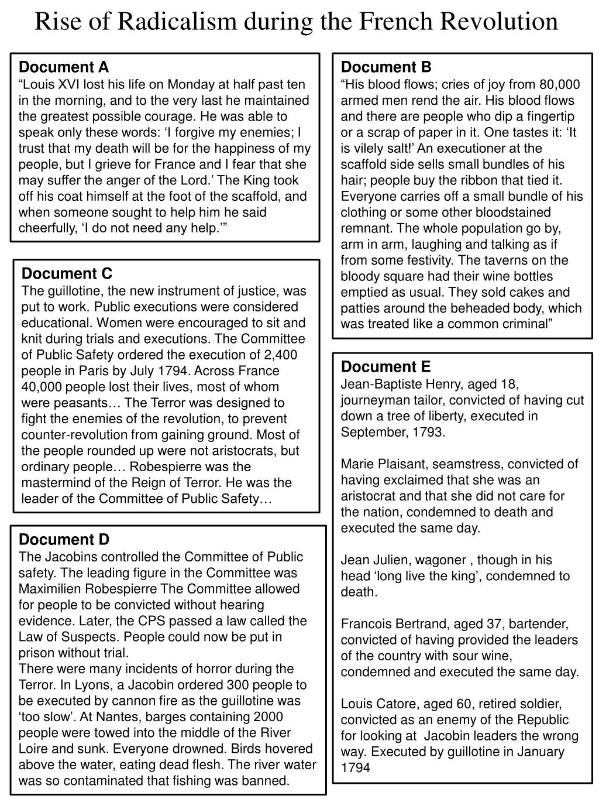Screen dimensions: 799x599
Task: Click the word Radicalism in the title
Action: [171, 22]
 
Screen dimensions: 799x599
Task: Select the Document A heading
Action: [64, 67]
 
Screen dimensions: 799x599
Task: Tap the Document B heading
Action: [386, 67]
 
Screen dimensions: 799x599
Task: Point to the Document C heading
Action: [67, 273]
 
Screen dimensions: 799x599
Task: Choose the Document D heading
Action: [64, 539]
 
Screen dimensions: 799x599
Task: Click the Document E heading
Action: [385, 366]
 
